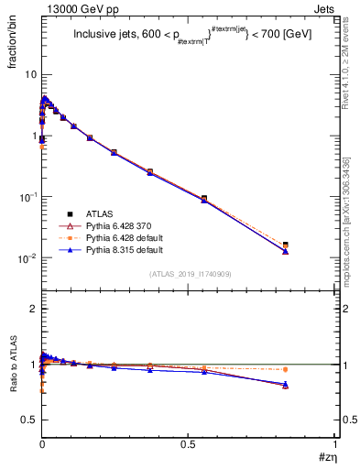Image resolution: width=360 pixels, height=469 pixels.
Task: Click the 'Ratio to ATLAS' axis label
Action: pyautogui.click(x=15, y=366)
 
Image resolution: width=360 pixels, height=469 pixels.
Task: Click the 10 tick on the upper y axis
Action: pyautogui.click(x=30, y=73)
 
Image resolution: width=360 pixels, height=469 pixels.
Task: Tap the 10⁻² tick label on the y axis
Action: pyautogui.click(x=27, y=258)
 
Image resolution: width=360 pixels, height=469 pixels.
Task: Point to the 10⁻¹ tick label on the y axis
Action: pyautogui.click(x=27, y=197)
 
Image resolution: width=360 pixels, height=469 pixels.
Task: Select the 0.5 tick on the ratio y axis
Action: pyautogui.click(x=29, y=419)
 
